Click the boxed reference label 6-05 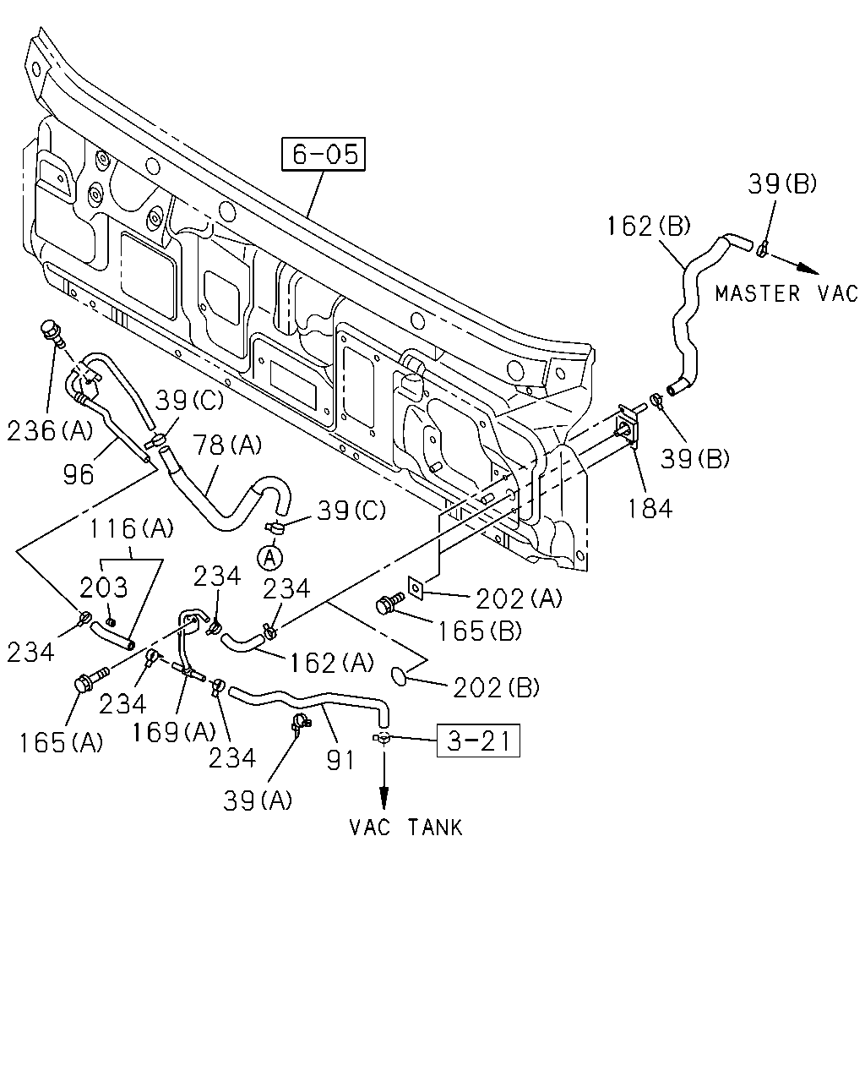324,154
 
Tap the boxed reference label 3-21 478,740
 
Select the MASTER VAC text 786,293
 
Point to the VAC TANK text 405,828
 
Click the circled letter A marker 270,558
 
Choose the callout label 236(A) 50,431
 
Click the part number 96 79,474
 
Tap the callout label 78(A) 228,445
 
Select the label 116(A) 131,528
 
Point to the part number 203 104,587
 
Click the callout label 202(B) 496,687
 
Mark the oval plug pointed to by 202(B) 400,676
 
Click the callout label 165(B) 480,631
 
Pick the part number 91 340,760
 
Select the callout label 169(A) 173,732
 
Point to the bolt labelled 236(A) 52,332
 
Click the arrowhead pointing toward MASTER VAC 808,269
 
